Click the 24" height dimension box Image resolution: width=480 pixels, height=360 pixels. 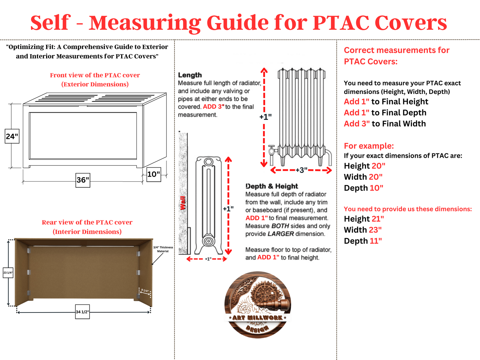click(x=12, y=136)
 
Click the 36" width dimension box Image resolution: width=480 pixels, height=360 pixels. click(x=83, y=180)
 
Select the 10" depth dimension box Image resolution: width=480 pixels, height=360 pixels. click(x=153, y=174)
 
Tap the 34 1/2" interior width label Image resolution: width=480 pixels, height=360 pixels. click(x=82, y=312)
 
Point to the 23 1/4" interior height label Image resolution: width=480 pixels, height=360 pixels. click(x=8, y=273)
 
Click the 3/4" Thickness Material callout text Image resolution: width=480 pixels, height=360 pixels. click(x=163, y=249)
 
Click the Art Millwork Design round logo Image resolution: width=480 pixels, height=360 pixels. click(x=257, y=305)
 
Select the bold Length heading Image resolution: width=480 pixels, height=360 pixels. click(x=190, y=75)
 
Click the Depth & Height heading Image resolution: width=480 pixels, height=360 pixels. click(x=271, y=186)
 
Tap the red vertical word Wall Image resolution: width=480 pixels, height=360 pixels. click(x=183, y=203)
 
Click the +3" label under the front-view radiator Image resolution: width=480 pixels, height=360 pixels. click(x=301, y=170)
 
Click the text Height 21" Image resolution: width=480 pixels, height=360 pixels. click(x=364, y=219)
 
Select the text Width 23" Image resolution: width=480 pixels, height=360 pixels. click(x=363, y=230)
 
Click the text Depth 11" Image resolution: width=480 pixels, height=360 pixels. click(x=363, y=241)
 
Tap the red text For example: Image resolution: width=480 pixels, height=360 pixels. click(x=369, y=146)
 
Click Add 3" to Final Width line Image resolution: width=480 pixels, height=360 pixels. click(x=385, y=124)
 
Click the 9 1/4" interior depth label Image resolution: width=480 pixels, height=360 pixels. click(x=145, y=291)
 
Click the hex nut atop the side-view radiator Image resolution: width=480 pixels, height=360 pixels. click(x=209, y=162)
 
